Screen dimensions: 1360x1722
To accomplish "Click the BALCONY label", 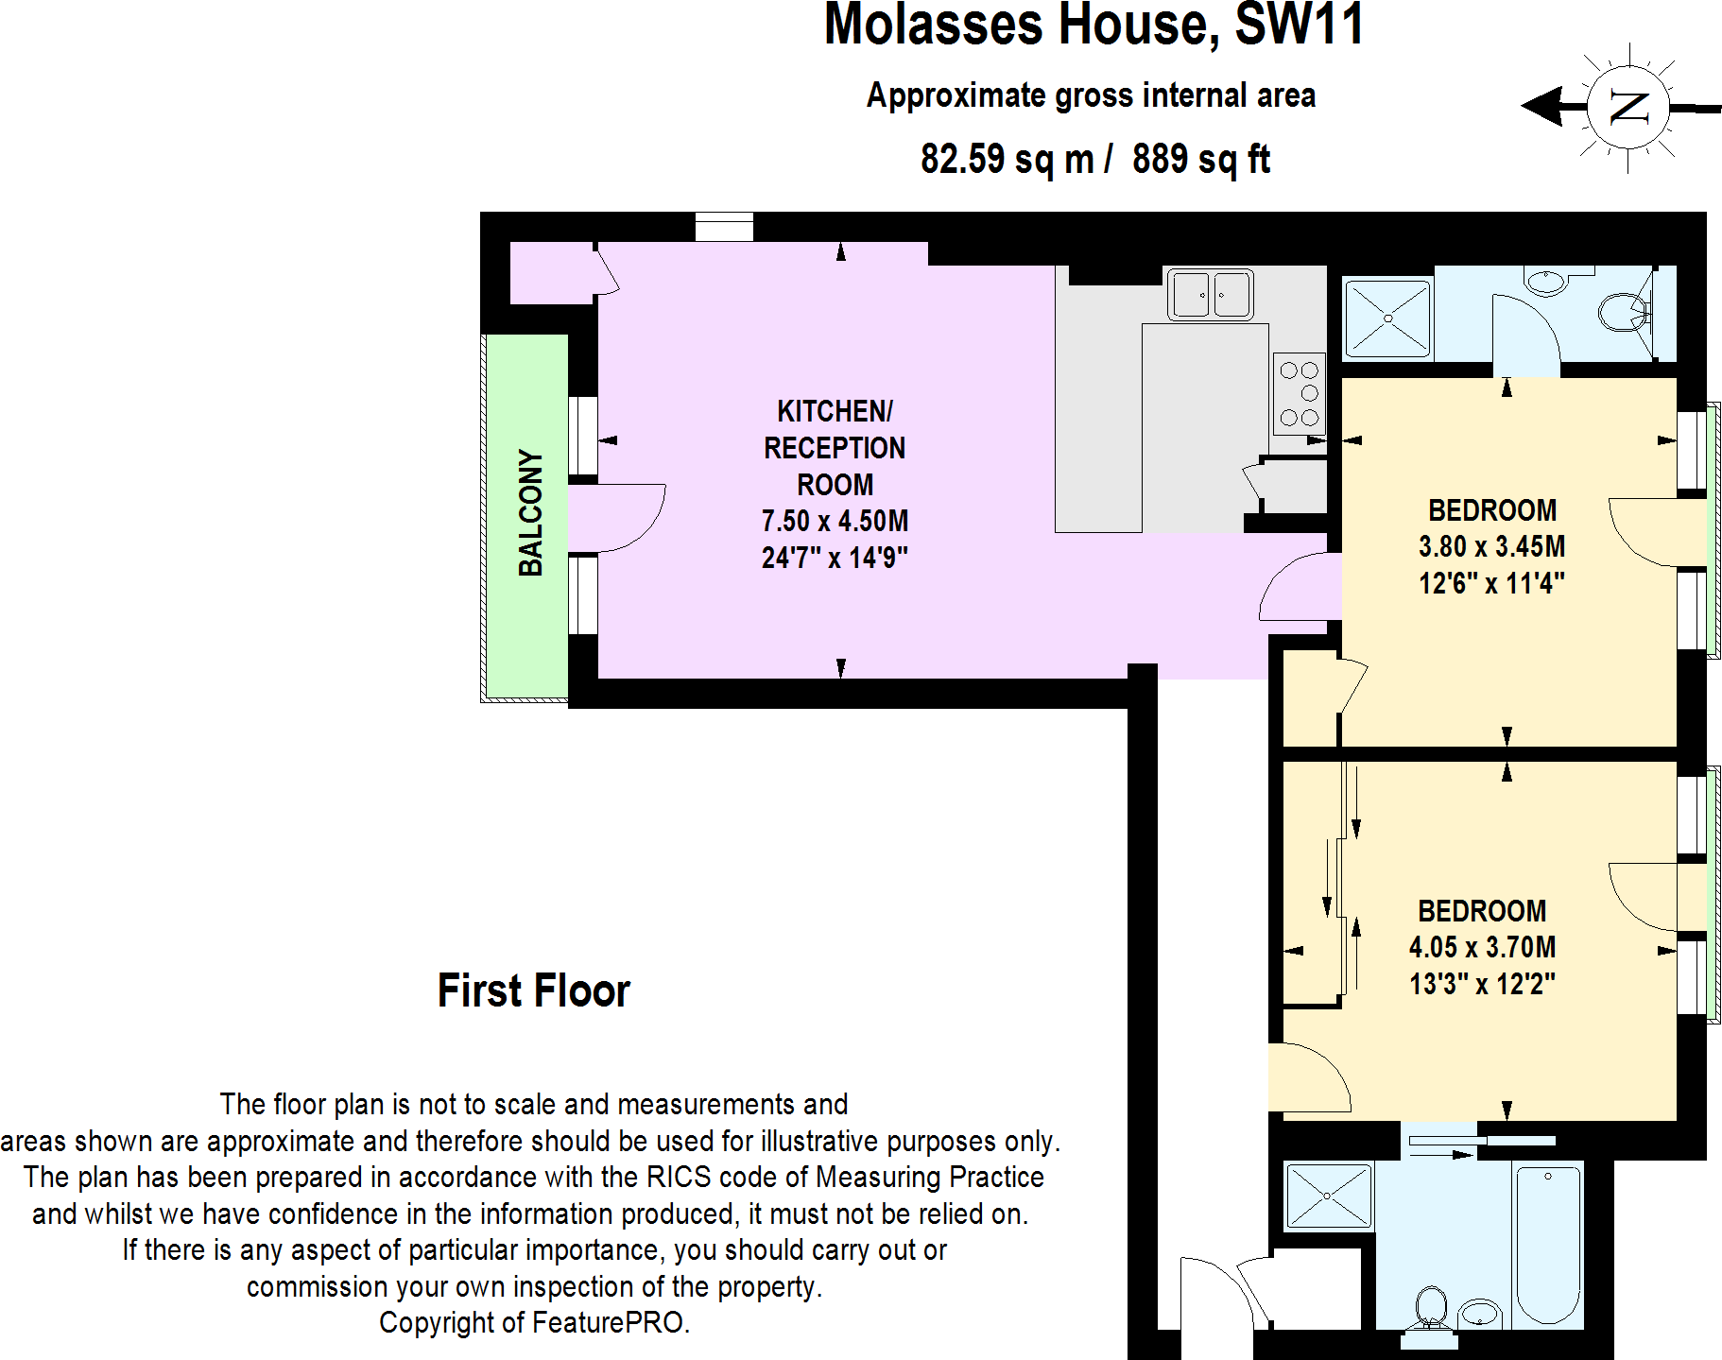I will tap(530, 513).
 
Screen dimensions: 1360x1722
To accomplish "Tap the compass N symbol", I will tap(1627, 107).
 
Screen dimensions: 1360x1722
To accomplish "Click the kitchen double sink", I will tap(1210, 294).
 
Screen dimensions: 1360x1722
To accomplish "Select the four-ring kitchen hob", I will tap(1299, 393).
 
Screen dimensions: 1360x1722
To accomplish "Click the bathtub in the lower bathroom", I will tap(1548, 1245).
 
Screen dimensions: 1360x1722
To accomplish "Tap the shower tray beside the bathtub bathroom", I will tap(1328, 1196).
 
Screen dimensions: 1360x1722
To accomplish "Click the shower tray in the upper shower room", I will tap(1387, 318).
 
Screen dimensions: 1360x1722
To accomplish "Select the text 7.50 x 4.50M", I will tap(835, 521).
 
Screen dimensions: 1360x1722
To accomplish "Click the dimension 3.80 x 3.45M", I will tap(1491, 546).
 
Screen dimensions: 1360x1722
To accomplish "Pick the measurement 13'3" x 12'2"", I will tap(1482, 984).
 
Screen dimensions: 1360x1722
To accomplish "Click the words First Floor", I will tap(533, 990).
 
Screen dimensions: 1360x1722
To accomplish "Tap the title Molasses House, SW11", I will tap(1093, 25).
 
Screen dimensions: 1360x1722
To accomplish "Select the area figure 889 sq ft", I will tap(1200, 159).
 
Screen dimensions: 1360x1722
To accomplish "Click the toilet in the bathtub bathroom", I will tap(1431, 1308).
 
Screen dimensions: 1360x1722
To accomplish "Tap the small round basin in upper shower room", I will tap(1545, 282).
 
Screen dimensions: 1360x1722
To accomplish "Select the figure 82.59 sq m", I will tap(1007, 159).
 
